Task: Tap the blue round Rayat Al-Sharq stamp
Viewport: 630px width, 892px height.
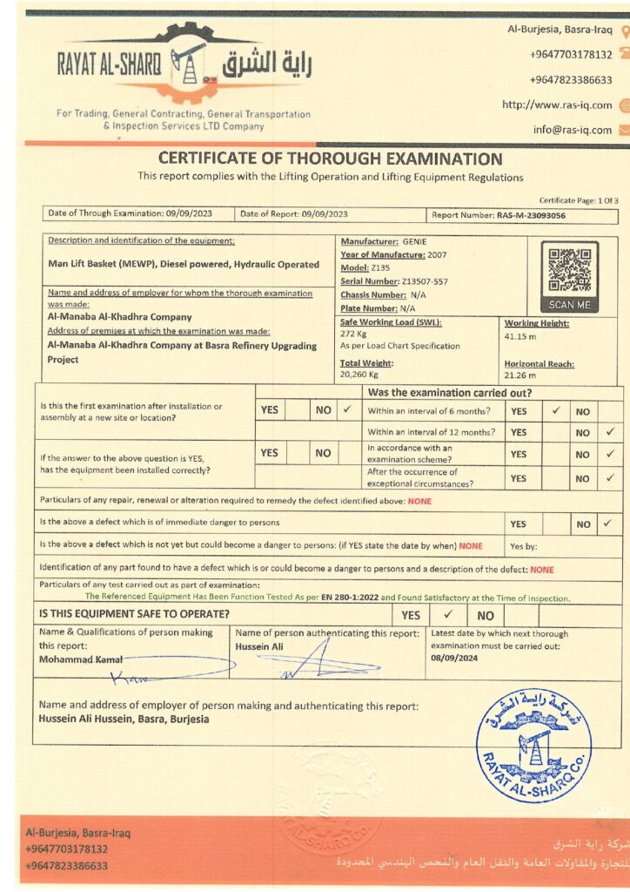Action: (x=534, y=745)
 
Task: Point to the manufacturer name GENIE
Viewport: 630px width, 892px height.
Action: (x=414, y=240)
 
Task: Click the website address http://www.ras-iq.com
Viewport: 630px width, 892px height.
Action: (x=557, y=105)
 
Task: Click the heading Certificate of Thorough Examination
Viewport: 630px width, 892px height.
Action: (x=330, y=159)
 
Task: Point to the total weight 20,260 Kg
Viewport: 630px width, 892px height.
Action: (x=359, y=375)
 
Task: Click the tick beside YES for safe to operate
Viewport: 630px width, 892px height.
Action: (x=447, y=614)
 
